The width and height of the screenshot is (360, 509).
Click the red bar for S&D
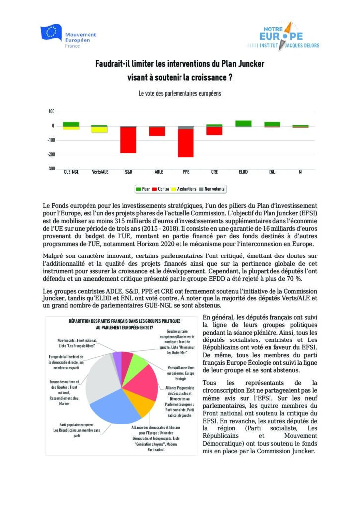pyautogui.click(x=128, y=140)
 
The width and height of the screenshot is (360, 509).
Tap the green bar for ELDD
pyautogui.click(x=243, y=123)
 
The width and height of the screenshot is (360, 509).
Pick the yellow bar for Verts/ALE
pyautogui.click(x=99, y=130)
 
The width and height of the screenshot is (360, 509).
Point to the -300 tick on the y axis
pyautogui.click(x=51, y=169)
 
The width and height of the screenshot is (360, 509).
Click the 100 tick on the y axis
pyautogui.click(x=52, y=111)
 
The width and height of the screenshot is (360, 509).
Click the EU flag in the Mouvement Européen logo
pyautogui.click(x=51, y=33)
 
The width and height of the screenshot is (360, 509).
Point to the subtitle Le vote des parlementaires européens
pyautogui.click(x=180, y=93)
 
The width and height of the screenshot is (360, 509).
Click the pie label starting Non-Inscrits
pyautogui.click(x=77, y=343)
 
